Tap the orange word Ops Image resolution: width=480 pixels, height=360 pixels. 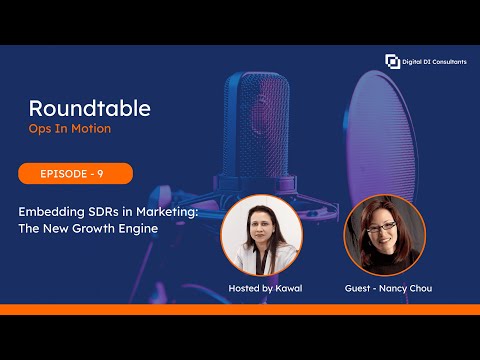tap(42, 129)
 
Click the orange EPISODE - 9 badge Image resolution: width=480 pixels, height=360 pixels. tap(75, 174)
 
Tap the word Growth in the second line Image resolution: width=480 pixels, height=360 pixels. tap(95, 227)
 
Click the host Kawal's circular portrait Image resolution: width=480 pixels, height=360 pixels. tap(261, 235)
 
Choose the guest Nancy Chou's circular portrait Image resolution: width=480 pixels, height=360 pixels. tap(384, 235)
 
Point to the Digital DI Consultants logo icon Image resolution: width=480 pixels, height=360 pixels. tap(392, 62)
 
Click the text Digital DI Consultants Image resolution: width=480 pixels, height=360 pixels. tap(432, 62)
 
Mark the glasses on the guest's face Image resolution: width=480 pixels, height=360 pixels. tap(381, 227)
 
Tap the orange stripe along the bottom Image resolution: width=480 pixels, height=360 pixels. tap(240, 309)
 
